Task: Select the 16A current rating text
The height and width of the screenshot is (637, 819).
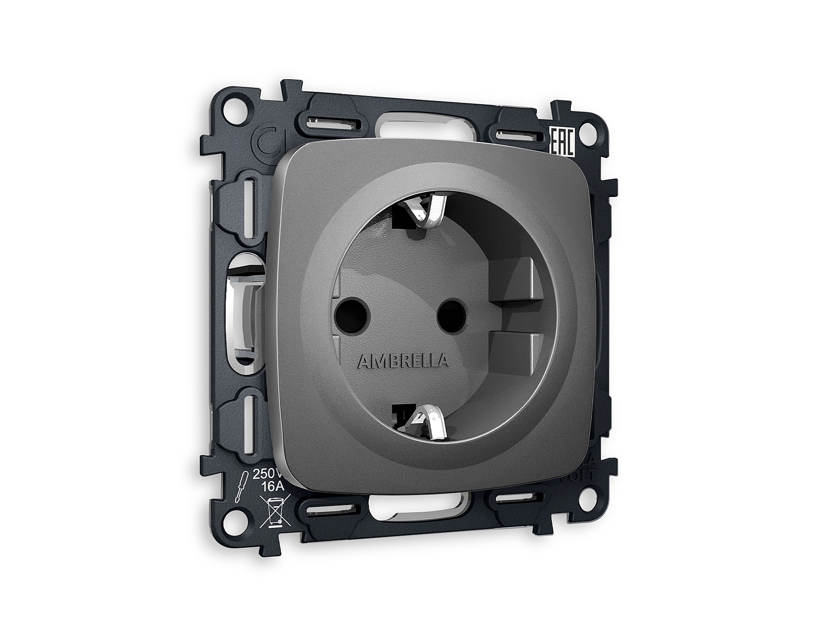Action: click(273, 486)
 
